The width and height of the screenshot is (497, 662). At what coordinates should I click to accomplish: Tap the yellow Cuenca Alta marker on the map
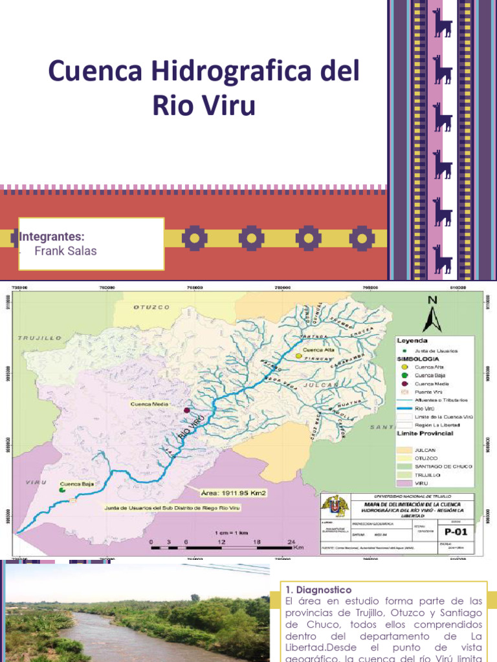tap(298, 356)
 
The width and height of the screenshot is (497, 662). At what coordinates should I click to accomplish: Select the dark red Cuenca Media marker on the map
tap(187, 410)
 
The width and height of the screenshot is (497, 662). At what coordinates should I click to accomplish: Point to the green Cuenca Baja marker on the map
tap(62, 490)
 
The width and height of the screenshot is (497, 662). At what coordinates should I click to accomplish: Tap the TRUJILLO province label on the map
tap(39, 337)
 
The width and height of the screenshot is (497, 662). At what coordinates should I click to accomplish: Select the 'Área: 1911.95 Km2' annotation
tap(234, 493)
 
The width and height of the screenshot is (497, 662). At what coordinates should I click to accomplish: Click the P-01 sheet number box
tap(456, 531)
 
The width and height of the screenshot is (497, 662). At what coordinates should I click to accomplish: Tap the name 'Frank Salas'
tap(65, 251)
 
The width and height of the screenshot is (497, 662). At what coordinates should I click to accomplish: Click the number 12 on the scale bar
tap(221, 542)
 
